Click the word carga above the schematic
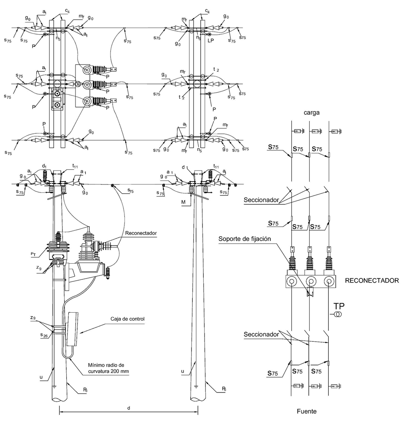click(312, 113)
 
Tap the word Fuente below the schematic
click(307, 411)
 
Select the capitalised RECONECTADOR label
click(372, 281)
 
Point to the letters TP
click(339, 306)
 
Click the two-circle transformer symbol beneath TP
click(337, 314)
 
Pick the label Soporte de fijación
click(245, 239)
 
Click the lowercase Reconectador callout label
click(141, 233)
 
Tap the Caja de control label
click(127, 319)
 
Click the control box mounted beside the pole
click(73, 329)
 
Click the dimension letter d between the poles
click(129, 408)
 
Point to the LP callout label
click(210, 41)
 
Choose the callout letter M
click(183, 202)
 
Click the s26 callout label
click(44, 335)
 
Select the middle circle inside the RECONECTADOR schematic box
click(310, 281)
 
